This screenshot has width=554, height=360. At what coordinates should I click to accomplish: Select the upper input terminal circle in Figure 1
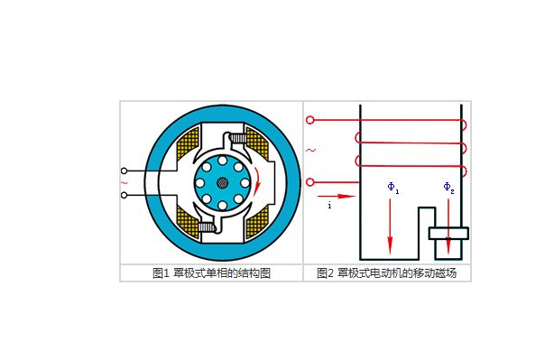[125, 171]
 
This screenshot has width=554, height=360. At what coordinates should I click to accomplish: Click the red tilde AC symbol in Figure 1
[124, 182]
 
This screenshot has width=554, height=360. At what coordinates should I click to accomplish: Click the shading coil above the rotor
[235, 139]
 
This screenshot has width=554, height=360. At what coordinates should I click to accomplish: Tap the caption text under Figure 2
[387, 272]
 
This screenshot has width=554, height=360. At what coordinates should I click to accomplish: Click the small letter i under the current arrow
[330, 206]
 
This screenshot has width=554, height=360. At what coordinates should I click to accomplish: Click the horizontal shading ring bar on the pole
[448, 234]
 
